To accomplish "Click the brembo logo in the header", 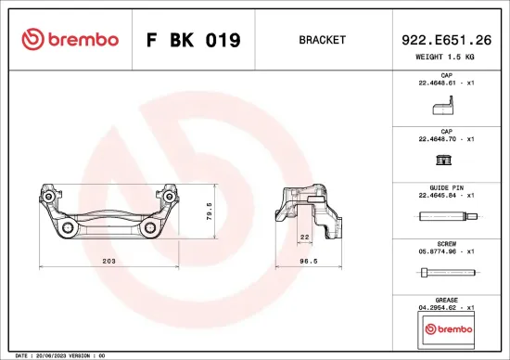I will (70, 40).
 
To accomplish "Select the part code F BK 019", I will (194, 41).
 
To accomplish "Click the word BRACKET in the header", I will (323, 41).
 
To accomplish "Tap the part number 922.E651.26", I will (446, 39).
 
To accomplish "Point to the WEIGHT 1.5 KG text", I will (446, 58).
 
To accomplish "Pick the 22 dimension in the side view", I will (303, 238).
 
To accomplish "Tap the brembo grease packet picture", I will (446, 328).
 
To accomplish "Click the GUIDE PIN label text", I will (446, 187).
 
